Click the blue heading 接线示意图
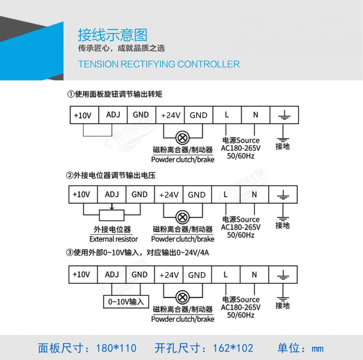(x=112, y=35)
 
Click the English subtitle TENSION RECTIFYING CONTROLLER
(x=159, y=64)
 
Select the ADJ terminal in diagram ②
(x=112, y=194)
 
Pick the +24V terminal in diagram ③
(x=169, y=275)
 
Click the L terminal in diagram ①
(x=227, y=115)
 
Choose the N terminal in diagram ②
(x=254, y=194)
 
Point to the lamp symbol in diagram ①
(x=183, y=138)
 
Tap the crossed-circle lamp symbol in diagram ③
(x=182, y=297)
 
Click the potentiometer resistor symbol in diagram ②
(x=112, y=215)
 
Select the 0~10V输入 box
(x=126, y=302)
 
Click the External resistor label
(x=114, y=239)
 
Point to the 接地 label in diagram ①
(x=282, y=146)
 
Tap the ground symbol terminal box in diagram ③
(x=283, y=275)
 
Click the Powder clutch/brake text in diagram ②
(x=183, y=239)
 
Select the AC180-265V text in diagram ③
(x=241, y=307)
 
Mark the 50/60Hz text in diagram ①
(x=241, y=156)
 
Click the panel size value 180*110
(x=116, y=348)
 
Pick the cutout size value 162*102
(x=233, y=348)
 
